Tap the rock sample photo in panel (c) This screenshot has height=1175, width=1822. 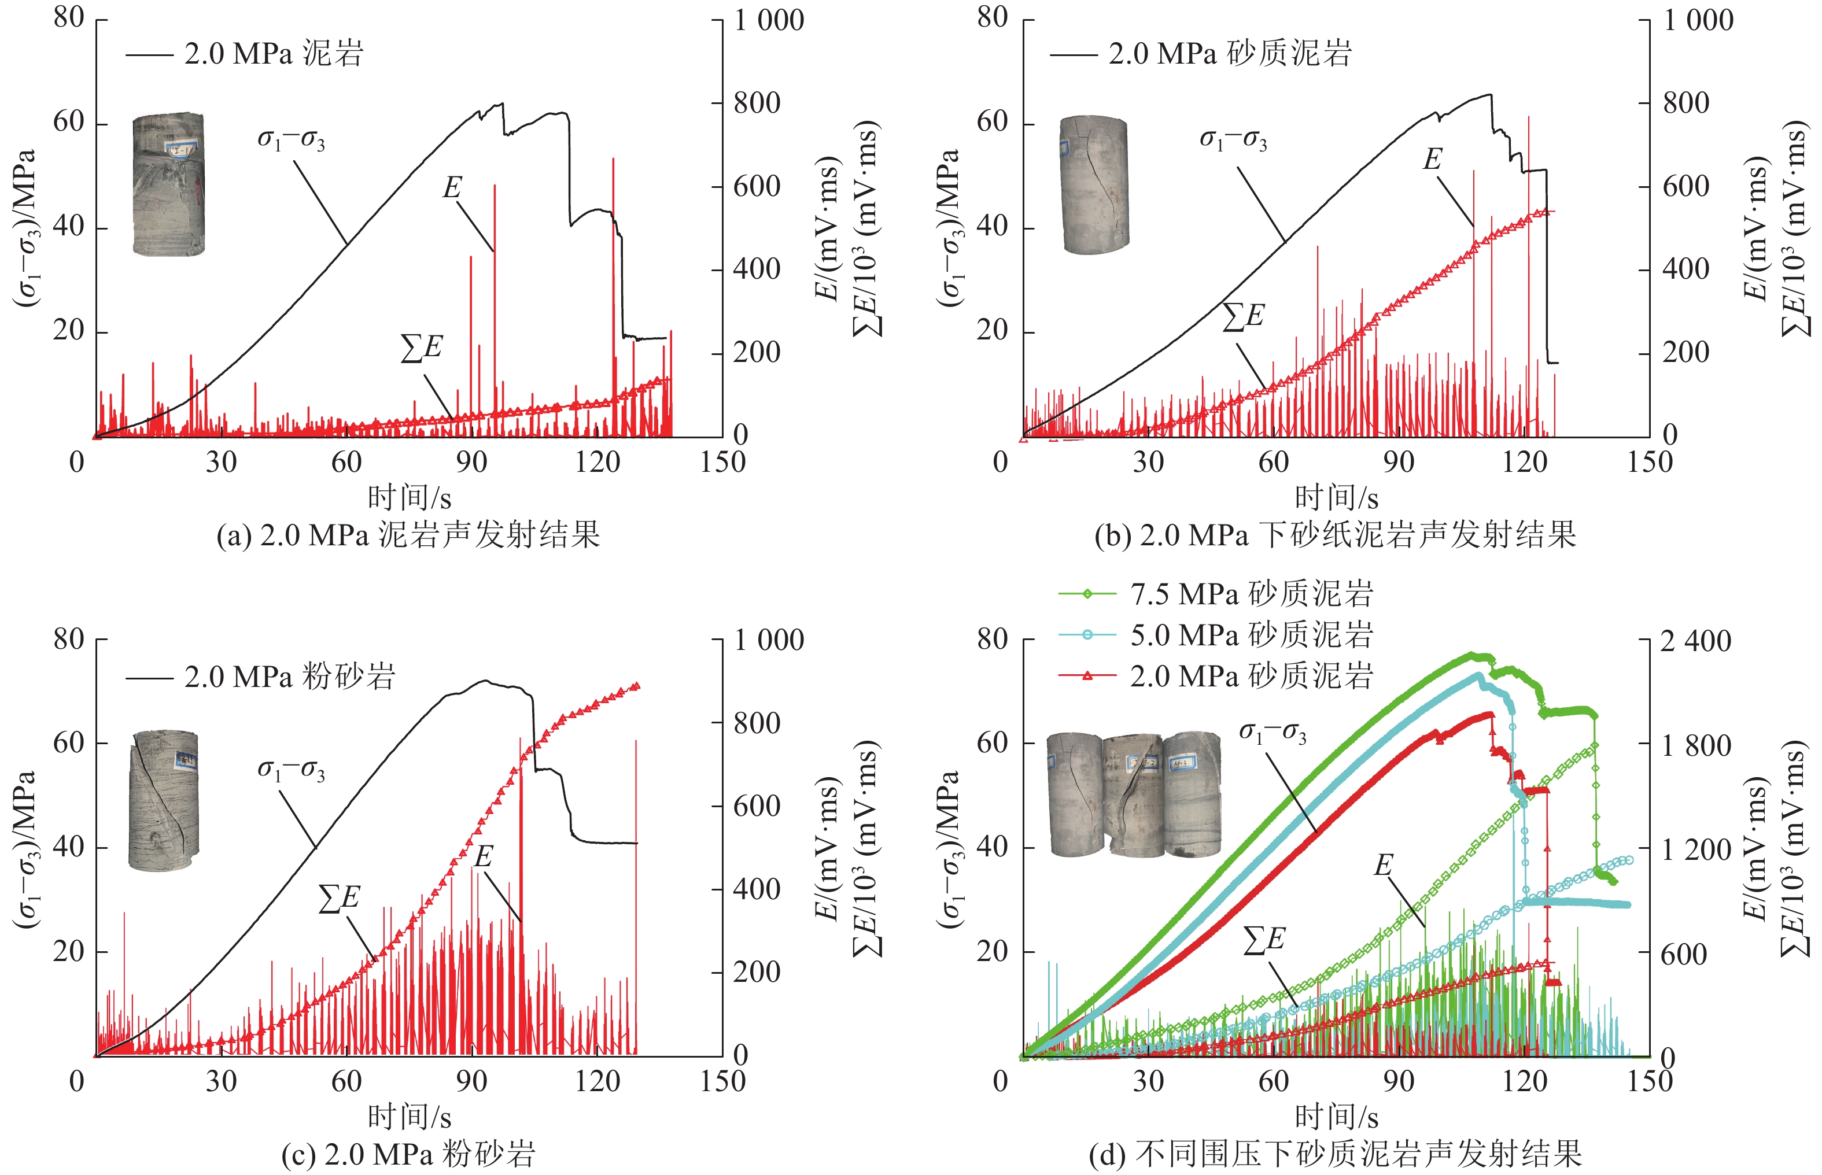pos(165,801)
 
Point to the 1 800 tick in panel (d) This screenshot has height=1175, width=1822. pos(1696,745)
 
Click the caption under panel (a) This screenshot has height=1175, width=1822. pos(408,535)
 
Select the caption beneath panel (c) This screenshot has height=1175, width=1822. pos(408,1154)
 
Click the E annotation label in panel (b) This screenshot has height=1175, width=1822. pos(1432,158)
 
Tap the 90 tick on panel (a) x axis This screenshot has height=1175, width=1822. pos(471,461)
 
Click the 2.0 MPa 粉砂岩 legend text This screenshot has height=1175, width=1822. pos(290,677)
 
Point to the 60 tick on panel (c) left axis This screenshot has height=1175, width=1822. pos(69,742)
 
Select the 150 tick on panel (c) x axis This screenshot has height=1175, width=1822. pos(722,1081)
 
